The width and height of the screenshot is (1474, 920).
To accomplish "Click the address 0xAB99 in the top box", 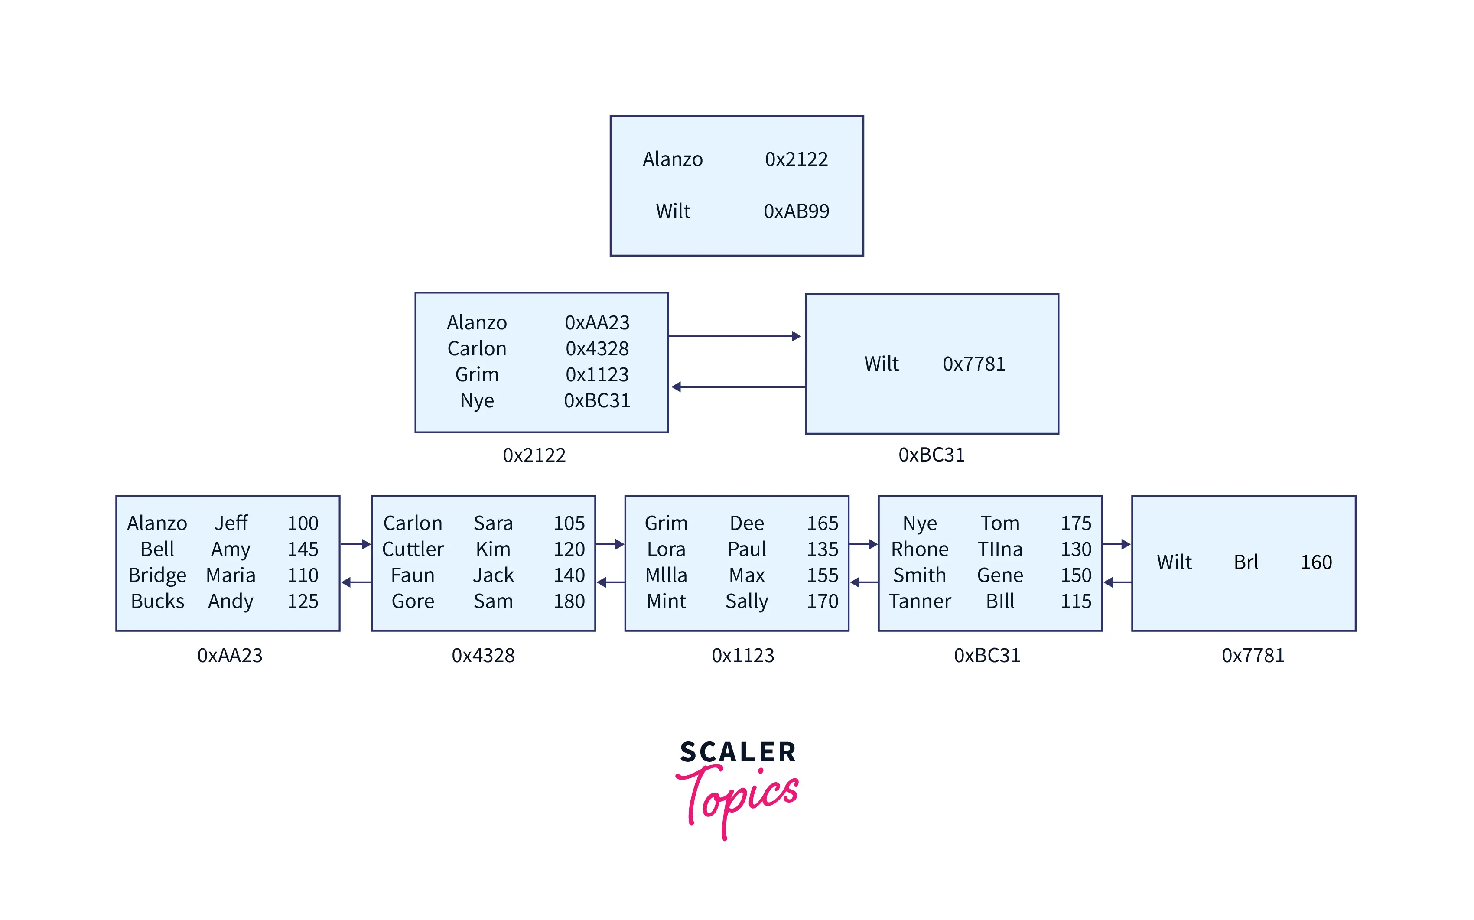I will click(x=796, y=211).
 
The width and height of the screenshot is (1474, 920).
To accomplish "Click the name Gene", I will click(x=1000, y=575).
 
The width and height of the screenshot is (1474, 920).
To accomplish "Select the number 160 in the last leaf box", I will click(x=1316, y=562).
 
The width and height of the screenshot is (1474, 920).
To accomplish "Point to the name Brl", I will click(x=1246, y=562).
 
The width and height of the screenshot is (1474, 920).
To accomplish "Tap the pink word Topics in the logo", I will click(x=738, y=797).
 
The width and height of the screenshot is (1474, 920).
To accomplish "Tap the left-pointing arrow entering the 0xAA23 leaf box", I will click(x=356, y=582).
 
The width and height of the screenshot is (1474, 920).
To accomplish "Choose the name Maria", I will click(x=231, y=575).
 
